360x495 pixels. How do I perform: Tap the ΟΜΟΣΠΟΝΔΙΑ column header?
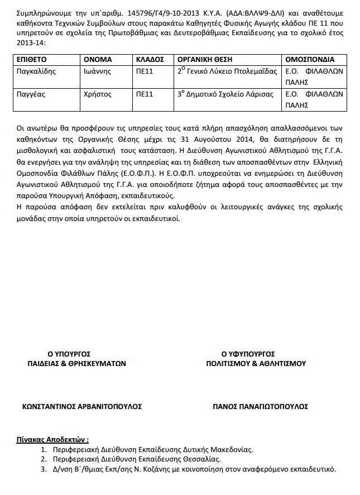point(310,59)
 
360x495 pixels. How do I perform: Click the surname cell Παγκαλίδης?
point(37,71)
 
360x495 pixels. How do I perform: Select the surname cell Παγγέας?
point(31,94)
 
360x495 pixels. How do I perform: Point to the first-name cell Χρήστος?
point(98,94)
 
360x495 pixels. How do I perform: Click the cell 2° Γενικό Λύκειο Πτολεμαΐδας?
point(227,71)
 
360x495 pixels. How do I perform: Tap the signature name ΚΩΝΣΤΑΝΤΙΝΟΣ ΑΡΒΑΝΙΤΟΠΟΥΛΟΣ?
point(81,406)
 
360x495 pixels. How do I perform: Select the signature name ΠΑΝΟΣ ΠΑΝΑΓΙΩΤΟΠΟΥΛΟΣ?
point(260,406)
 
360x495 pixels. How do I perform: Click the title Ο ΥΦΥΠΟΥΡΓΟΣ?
point(248,354)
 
